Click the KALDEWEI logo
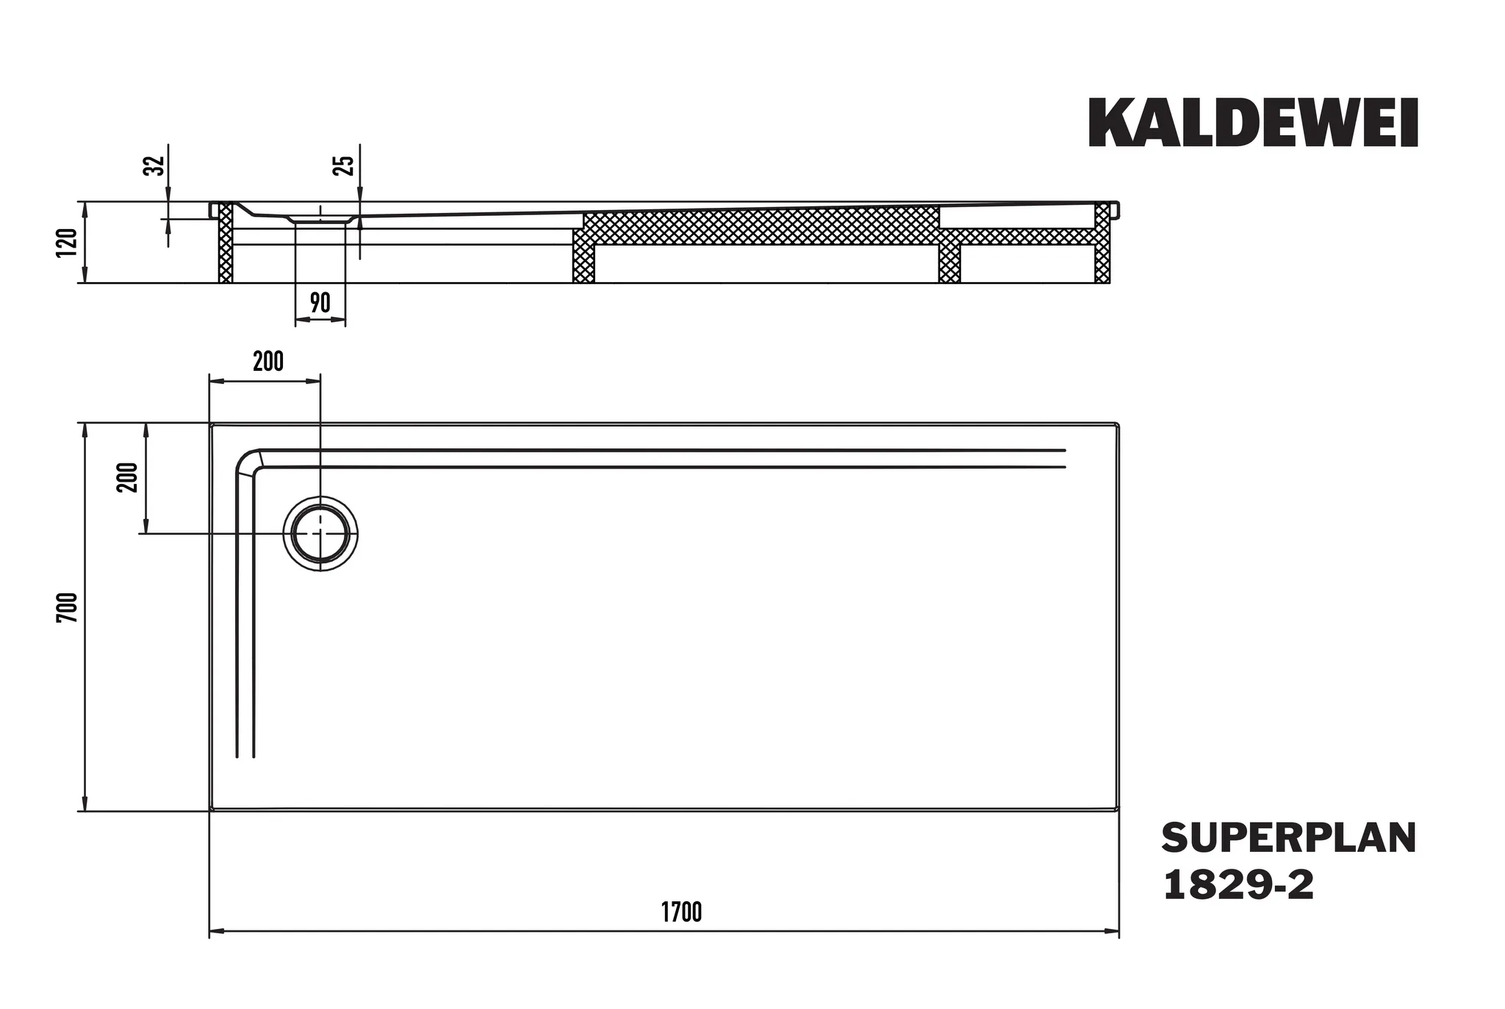(1252, 123)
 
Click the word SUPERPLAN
(1289, 838)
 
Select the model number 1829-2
(1238, 886)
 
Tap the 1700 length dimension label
(681, 912)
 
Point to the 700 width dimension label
(67, 607)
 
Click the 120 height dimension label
(66, 243)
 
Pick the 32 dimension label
(154, 166)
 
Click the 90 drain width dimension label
(320, 303)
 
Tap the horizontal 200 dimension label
(267, 361)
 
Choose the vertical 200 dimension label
(128, 477)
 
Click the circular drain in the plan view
(321, 534)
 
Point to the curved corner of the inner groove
(247, 460)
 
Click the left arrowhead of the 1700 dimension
(215, 932)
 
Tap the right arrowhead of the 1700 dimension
(1114, 932)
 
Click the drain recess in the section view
(320, 219)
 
